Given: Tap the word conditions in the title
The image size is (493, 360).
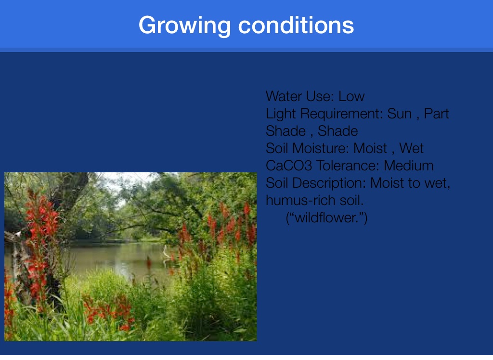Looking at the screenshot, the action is coord(296,25).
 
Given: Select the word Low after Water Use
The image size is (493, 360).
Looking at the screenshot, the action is coord(351,96).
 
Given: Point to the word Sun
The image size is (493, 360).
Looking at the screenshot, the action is coord(399,114).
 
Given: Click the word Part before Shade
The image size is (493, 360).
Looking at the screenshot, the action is coord(436,114).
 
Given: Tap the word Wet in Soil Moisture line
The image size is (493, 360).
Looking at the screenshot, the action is coord(411,148).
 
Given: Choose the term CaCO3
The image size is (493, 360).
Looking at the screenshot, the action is coord(289,166).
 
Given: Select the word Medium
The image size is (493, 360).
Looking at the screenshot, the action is coord(408,166).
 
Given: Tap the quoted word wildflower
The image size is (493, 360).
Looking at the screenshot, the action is coord(326,218).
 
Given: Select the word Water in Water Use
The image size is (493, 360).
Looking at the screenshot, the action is coord(284,96).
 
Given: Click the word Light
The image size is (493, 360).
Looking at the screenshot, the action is coord(281,114).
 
